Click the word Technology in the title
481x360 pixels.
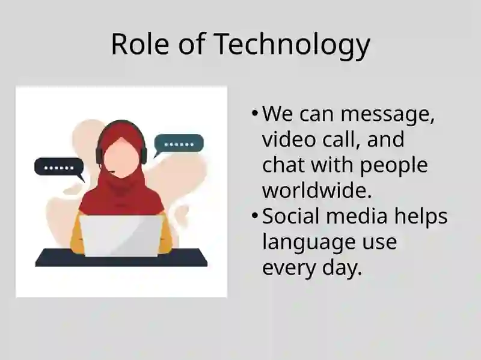click(x=292, y=44)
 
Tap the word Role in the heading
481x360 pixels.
click(x=140, y=44)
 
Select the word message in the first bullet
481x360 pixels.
click(x=387, y=115)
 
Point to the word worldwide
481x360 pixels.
click(x=317, y=190)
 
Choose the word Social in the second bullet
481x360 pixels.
click(x=291, y=216)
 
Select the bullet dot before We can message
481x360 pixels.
click(x=254, y=114)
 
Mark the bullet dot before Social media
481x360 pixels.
click(x=254, y=216)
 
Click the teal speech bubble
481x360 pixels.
click(x=179, y=144)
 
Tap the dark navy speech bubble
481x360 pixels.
click(x=59, y=167)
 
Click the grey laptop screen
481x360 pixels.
click(x=121, y=236)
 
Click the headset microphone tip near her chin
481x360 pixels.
click(x=113, y=172)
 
